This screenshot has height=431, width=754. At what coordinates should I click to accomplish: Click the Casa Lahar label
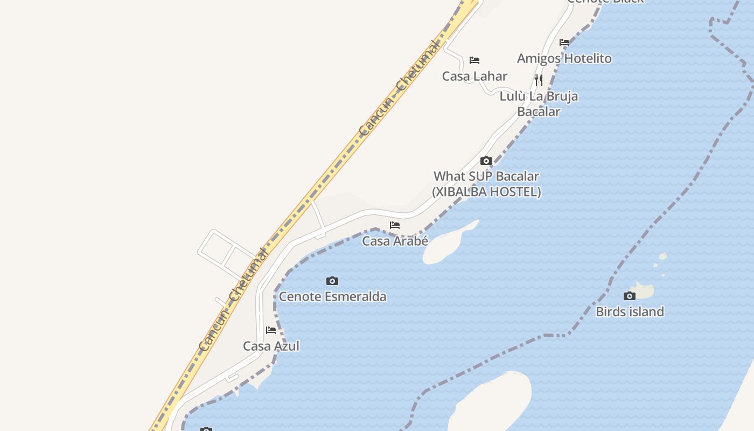coord(474,76)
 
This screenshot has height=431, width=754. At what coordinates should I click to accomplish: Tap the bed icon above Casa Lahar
coord(474,60)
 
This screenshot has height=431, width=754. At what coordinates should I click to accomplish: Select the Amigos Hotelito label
coord(564,58)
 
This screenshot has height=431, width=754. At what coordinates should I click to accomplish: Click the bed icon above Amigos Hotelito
coord(564,43)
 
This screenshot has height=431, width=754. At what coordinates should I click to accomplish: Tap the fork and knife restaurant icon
coord(539,80)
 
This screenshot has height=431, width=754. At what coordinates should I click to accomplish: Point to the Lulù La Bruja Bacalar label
coord(539,103)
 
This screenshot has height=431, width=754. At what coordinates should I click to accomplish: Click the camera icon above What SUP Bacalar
coord(486,161)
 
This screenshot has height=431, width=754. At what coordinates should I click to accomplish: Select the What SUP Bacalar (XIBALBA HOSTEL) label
coord(486,184)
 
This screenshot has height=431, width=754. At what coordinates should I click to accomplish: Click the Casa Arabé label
coord(395,241)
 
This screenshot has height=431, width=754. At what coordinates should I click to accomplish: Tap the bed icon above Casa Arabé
coord(395,225)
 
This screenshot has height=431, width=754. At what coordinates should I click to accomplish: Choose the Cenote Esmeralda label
coord(332,296)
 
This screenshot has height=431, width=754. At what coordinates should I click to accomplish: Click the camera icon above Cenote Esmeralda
coord(332,281)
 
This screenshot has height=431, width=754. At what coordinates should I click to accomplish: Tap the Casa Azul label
coord(271,346)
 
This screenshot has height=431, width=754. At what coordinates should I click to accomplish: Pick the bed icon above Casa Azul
coord(271,330)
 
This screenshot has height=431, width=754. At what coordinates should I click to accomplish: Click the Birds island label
coord(630,311)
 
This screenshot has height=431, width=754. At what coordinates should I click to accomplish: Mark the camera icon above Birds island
coord(629,296)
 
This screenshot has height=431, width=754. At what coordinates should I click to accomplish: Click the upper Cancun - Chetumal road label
coord(399,88)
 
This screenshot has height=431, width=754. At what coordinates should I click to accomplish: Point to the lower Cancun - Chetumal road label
coord(233,300)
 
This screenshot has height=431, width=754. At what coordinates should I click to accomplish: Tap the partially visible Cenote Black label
coord(605,2)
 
